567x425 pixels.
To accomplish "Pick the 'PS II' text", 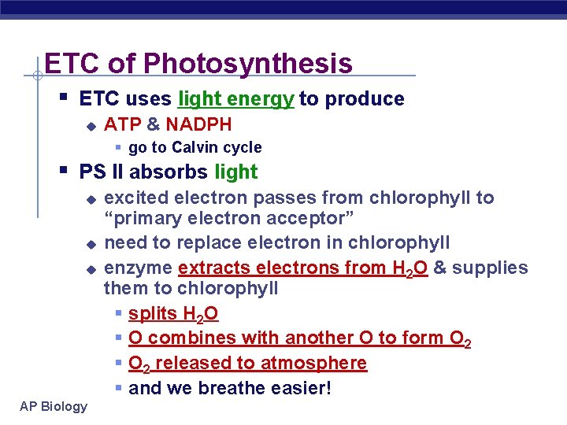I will click(102, 172).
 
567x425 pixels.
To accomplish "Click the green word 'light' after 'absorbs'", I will click(235, 172).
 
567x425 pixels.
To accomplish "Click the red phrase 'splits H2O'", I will click(173, 314).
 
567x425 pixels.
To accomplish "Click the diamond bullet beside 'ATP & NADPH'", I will click(91, 125).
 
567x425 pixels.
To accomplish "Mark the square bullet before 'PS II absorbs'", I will click(64, 170).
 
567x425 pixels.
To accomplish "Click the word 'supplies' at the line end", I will click(489, 268).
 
